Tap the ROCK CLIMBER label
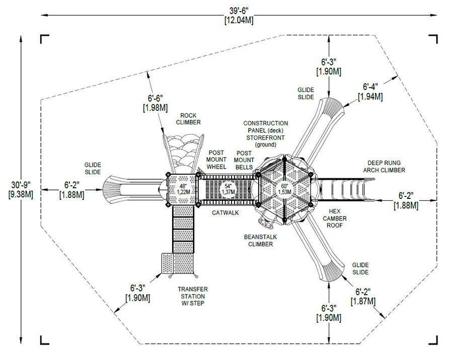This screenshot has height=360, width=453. pyautogui.click(x=188, y=119)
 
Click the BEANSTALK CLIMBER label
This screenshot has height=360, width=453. pyautogui.click(x=260, y=240)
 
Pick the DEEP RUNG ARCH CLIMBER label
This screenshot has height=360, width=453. pyautogui.click(x=386, y=167)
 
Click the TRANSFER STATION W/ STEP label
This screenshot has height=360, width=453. pyautogui.click(x=192, y=296)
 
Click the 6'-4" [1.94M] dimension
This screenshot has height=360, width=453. pyautogui.click(x=370, y=91)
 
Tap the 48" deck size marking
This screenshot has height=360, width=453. pyautogui.click(x=182, y=189)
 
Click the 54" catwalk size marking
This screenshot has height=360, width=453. pyautogui.click(x=229, y=189)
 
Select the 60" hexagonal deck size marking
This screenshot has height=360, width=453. pyautogui.click(x=285, y=189)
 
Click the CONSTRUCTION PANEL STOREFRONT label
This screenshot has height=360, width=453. pyautogui.click(x=266, y=133)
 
